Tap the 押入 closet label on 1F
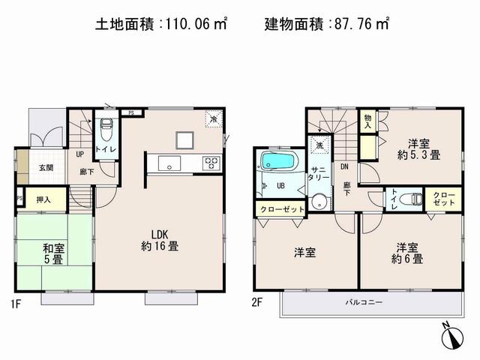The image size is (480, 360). pos(43,200)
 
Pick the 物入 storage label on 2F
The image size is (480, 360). pos(368,122)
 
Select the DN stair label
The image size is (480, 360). pos(346,166)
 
